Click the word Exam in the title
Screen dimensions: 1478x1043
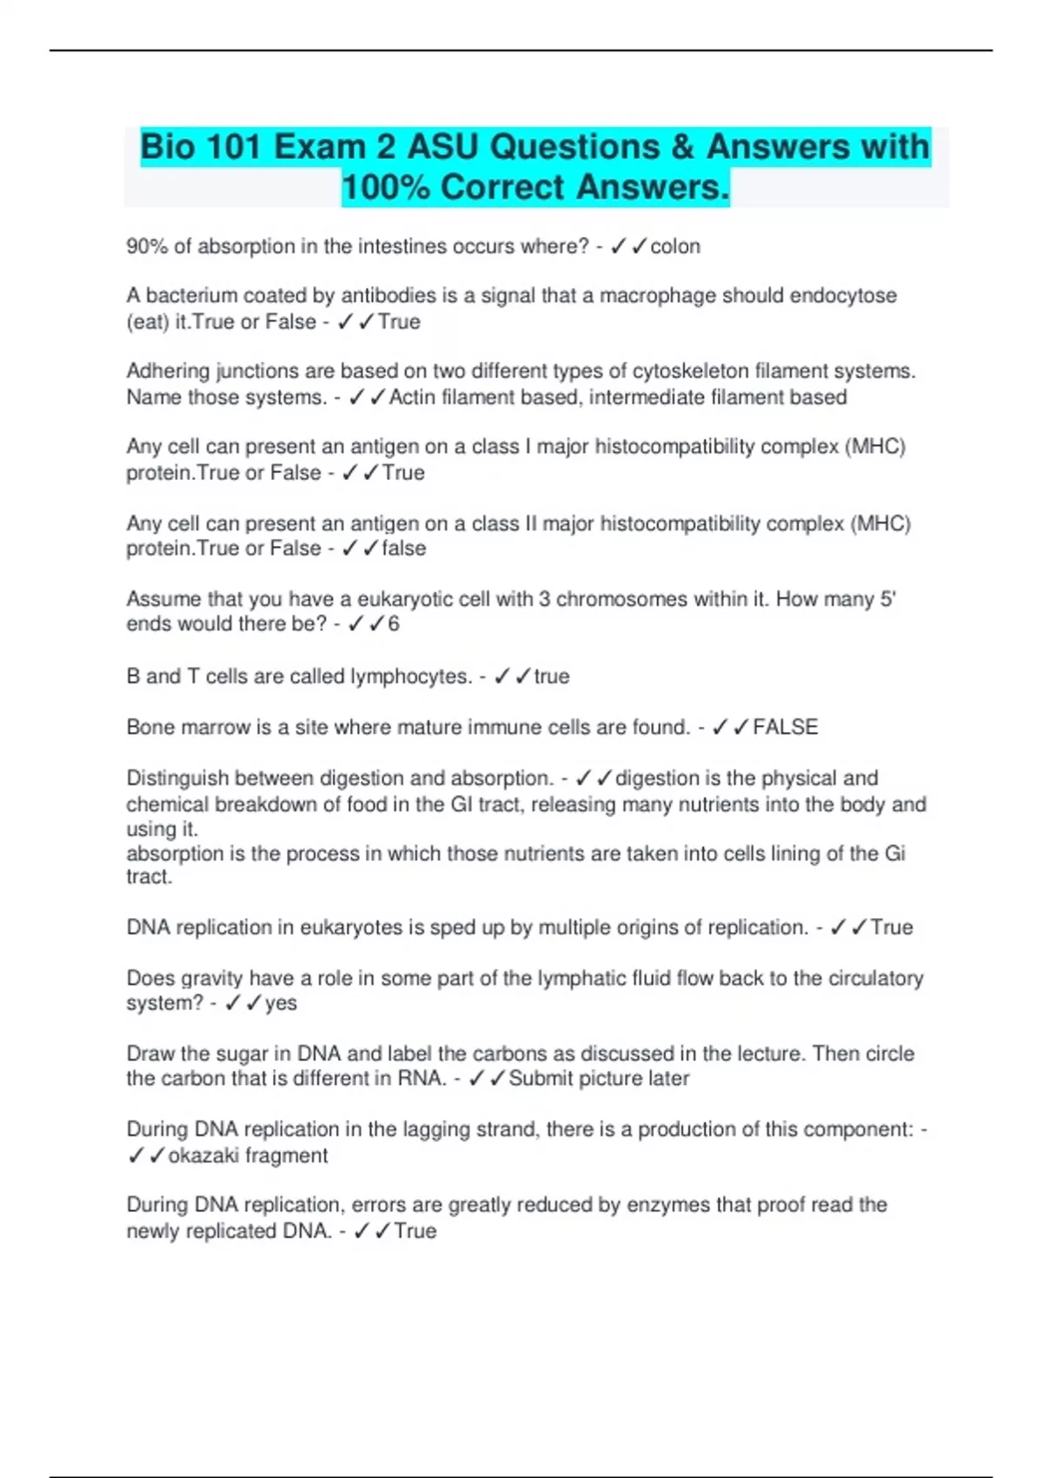pos(319,147)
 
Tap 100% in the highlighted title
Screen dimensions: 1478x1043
pos(385,188)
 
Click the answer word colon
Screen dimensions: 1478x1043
pos(675,247)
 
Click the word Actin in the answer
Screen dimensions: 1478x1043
pos(412,397)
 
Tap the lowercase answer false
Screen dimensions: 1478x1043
pos(404,549)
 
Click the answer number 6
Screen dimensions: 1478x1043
pos(394,624)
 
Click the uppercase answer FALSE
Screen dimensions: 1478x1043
pos(785,727)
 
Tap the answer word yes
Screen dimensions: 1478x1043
pos(281,1003)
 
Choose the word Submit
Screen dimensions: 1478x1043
pos(539,1079)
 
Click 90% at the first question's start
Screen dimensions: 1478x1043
pos(147,247)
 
